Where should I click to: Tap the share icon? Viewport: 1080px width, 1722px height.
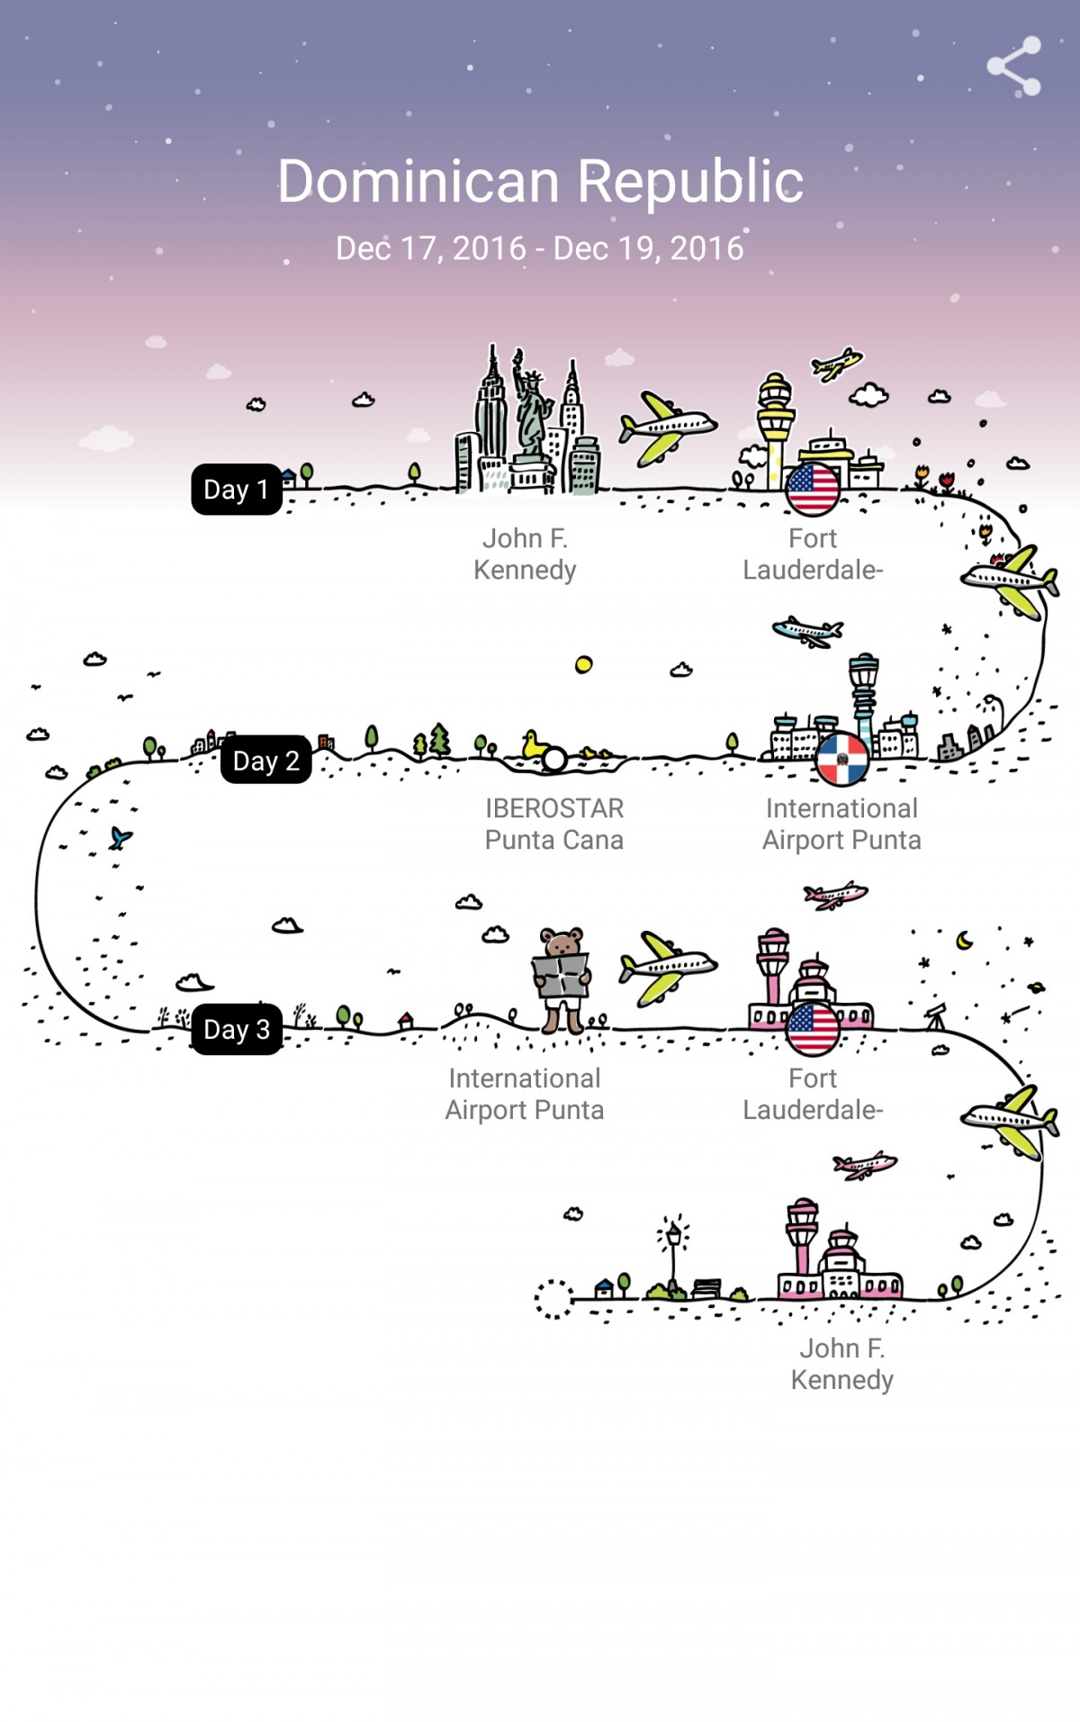1014,66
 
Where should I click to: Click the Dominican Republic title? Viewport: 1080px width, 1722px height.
540,182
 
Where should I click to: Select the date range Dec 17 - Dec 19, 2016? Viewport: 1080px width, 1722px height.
540,248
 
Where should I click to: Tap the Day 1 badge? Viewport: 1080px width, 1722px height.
236,489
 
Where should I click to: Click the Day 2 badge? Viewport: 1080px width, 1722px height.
265,760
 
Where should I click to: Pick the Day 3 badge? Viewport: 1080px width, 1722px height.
236,1029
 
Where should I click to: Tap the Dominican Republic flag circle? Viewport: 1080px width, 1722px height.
842,759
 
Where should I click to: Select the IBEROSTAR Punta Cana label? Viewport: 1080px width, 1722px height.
553,824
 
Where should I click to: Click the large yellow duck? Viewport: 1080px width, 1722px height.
535,745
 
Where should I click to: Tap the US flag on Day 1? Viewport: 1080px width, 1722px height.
813,488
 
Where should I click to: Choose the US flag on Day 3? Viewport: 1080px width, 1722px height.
813,1028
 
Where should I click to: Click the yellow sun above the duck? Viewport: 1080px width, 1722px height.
584,665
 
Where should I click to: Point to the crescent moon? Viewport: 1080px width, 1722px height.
964,941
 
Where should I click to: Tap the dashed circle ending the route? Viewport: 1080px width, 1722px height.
553,1299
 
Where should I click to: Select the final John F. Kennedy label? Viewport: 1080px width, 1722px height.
841,1364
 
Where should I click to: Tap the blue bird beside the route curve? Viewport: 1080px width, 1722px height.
120,839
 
